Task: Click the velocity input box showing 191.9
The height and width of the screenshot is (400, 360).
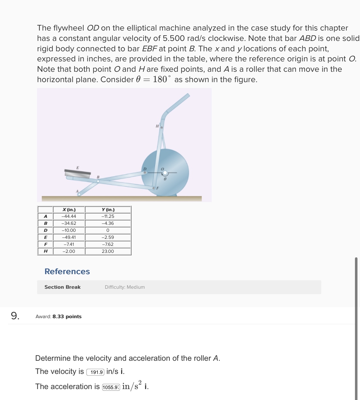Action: coord(96,372)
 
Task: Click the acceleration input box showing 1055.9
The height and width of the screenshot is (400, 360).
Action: coord(111,387)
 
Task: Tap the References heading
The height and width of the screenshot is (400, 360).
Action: coord(67,271)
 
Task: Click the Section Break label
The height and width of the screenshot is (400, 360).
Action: coord(62,287)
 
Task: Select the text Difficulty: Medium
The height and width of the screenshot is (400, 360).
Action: coord(125,287)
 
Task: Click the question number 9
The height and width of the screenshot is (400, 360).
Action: coord(15,316)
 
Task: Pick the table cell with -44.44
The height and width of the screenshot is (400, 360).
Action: coord(69,216)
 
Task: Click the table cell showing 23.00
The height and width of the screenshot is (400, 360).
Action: coord(108,251)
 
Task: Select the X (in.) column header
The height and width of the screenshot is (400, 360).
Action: coord(69,210)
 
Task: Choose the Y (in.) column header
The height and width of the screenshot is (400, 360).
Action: coord(108,210)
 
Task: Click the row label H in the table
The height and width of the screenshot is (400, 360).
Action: coord(45,251)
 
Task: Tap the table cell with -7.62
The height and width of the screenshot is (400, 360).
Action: coord(108,244)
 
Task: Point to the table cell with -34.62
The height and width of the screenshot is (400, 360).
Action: coord(69,223)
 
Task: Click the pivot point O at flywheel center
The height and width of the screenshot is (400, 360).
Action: coord(165,173)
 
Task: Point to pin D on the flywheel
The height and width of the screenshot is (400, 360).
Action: coord(145,173)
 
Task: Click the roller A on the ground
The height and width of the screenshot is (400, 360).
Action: coord(79,194)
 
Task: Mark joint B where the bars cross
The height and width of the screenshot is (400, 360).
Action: coord(98,181)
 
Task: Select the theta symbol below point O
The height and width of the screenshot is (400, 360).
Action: coord(165,179)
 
